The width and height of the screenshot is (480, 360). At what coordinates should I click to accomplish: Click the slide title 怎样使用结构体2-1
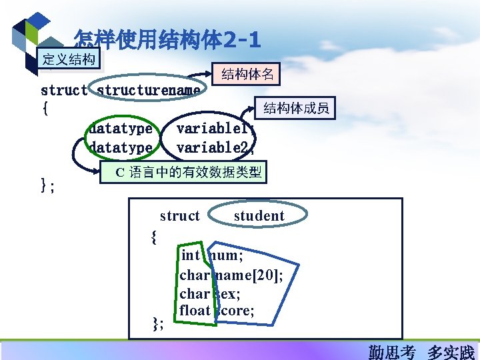pyautogui.click(x=167, y=40)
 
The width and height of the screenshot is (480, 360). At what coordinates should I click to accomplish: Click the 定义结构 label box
pyautogui.click(x=69, y=59)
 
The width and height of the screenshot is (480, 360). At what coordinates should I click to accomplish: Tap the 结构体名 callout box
pyautogui.click(x=247, y=73)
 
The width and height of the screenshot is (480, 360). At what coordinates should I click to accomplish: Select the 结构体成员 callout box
pyautogui.click(x=296, y=108)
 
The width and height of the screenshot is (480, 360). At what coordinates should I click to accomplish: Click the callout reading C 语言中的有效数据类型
pyautogui.click(x=182, y=172)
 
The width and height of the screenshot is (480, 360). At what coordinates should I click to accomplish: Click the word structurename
pyautogui.click(x=148, y=90)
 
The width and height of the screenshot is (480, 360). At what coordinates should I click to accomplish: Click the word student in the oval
pyautogui.click(x=259, y=216)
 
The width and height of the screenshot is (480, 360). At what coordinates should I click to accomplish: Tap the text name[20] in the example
pyautogui.click(x=249, y=274)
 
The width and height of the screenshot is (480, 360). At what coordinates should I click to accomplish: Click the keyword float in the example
pyautogui.click(x=195, y=310)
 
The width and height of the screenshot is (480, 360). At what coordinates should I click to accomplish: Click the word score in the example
pyautogui.click(x=235, y=310)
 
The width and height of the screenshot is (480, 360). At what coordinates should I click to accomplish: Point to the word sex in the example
pyautogui.click(x=227, y=293)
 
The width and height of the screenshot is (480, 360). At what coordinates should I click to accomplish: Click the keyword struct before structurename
pyautogui.click(x=64, y=90)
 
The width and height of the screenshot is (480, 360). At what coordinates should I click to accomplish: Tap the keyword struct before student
pyautogui.click(x=179, y=216)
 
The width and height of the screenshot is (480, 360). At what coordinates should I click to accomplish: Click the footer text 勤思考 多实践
pyautogui.click(x=421, y=351)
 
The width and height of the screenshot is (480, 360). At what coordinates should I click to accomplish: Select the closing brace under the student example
pyautogui.click(x=157, y=324)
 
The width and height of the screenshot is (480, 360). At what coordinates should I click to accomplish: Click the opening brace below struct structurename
pyautogui.click(x=45, y=109)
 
